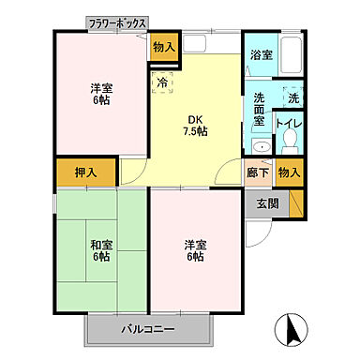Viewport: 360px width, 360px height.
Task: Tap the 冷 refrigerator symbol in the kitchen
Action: tap(162, 83)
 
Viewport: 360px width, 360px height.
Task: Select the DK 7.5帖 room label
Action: tap(196, 125)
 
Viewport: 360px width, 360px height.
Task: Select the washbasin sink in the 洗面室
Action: tap(260, 146)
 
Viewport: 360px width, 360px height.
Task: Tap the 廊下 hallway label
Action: tap(257, 172)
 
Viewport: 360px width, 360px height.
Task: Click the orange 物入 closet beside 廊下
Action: tap(290, 172)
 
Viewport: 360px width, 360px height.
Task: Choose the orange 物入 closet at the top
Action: tap(163, 47)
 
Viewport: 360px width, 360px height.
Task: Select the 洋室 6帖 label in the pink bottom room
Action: tap(194, 251)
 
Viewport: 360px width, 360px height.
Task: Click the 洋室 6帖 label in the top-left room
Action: tap(102, 95)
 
